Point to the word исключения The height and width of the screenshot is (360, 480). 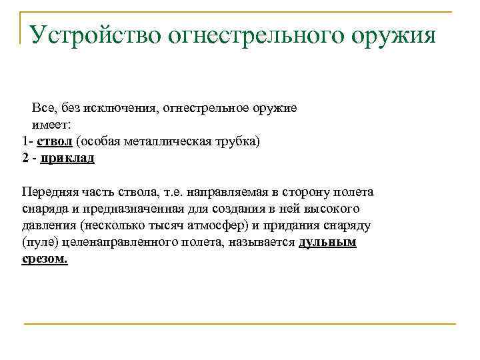pos(125,108)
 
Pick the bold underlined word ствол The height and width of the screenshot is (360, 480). pos(56,141)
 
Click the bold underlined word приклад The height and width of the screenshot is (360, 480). pos(67,158)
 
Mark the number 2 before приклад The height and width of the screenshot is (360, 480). pos(25,158)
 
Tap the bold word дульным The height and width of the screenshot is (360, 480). pos(328,242)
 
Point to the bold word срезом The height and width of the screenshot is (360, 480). pos(45,259)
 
